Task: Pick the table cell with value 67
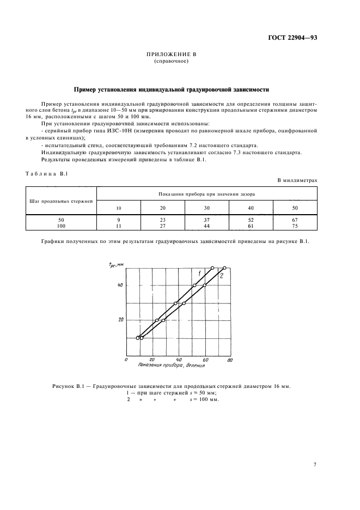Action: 295,219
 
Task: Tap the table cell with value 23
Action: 162,219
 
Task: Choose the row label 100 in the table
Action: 62,224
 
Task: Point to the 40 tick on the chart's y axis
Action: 120,285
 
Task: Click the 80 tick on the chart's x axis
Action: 230,361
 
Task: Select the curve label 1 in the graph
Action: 200,272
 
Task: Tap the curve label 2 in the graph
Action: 221,276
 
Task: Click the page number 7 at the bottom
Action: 315,465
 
